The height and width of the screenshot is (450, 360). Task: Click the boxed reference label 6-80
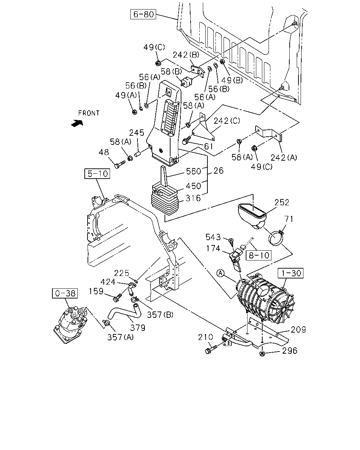(x=143, y=14)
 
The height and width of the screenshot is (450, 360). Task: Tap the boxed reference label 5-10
(x=97, y=174)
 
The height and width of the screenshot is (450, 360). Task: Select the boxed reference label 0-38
(x=65, y=293)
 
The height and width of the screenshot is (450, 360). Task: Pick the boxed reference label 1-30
(x=290, y=273)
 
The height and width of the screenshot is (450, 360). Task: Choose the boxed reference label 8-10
(x=258, y=255)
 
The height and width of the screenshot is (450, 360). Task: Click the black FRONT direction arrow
(x=77, y=123)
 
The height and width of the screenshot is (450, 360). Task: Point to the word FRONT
(x=89, y=113)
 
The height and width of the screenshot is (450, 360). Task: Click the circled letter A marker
(x=220, y=273)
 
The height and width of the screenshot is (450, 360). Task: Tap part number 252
(x=282, y=202)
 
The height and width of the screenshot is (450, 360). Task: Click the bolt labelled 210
(x=211, y=349)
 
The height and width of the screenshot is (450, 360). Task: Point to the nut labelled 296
(x=262, y=354)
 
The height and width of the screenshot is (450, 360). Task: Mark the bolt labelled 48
(x=120, y=164)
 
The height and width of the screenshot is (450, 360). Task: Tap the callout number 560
(x=193, y=171)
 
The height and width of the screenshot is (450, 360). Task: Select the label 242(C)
(x=227, y=121)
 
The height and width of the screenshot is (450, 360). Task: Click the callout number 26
(x=219, y=171)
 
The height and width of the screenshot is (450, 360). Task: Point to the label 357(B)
(x=160, y=315)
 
